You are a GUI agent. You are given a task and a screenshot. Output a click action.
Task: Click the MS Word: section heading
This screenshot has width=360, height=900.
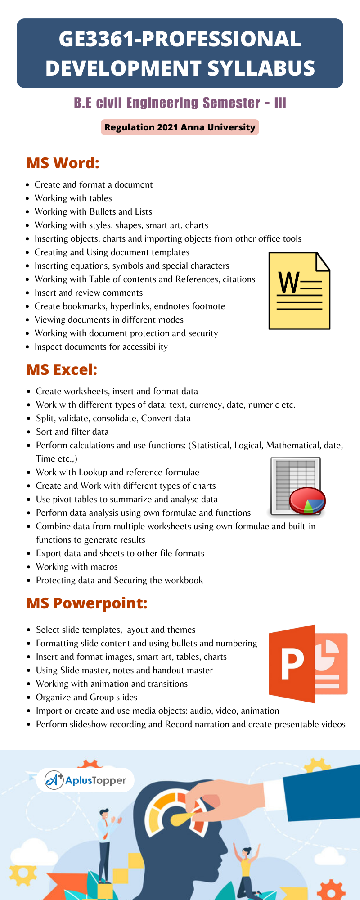point(63,163)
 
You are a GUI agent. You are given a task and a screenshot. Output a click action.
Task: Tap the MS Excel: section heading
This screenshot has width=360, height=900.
point(62,369)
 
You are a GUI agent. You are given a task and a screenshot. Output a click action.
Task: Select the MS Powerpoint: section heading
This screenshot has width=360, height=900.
point(87,603)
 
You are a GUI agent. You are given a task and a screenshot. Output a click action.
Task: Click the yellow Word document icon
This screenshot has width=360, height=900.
point(299,291)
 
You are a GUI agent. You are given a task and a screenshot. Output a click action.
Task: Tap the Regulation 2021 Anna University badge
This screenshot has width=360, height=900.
point(180,127)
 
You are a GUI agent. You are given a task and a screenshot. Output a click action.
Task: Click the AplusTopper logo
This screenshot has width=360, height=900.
point(85,780)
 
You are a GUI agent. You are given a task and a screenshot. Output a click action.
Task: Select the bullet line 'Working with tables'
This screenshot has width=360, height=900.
point(73,198)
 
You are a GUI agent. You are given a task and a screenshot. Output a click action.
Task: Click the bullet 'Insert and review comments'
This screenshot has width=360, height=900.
point(89,292)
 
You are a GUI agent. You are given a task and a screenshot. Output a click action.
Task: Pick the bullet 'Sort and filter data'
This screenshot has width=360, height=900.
point(72,432)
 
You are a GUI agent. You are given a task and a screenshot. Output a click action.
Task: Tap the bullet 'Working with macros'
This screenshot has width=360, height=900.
point(76,567)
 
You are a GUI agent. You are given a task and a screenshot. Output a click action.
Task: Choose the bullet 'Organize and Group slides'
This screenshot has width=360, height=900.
point(86,697)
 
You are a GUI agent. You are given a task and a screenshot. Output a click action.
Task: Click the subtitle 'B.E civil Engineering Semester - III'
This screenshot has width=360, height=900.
point(180,103)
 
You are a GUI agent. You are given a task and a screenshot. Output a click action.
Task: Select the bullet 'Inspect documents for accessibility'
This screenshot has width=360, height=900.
point(101,346)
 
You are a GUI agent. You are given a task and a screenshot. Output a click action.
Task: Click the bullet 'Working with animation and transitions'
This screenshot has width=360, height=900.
point(112,684)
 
